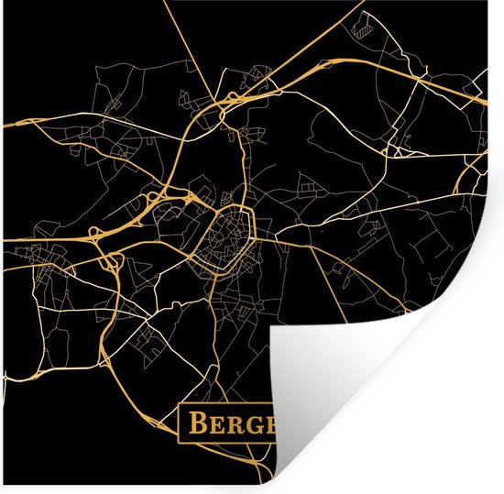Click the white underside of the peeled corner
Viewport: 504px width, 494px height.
385,385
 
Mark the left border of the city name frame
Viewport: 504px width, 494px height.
179,423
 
